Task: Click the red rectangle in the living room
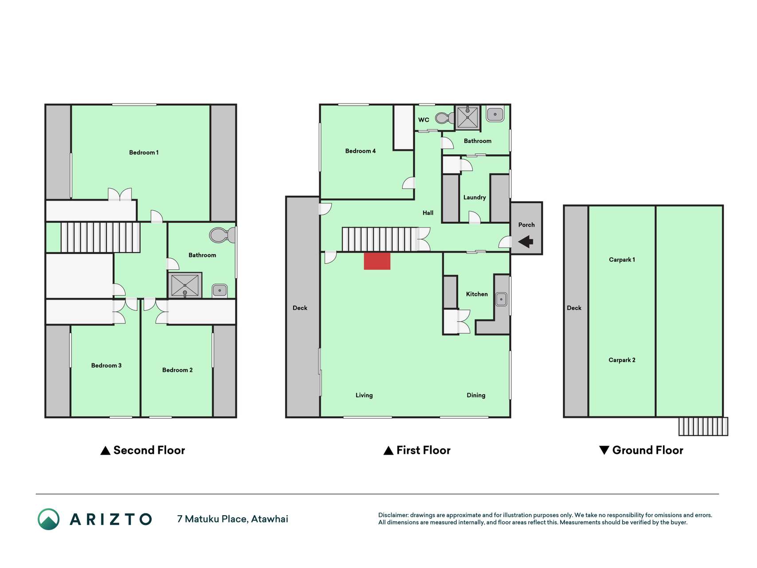pyautogui.click(x=377, y=261)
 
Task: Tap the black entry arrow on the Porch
pyautogui.click(x=526, y=242)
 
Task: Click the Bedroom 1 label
pyautogui.click(x=144, y=152)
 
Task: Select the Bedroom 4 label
pyautogui.click(x=360, y=151)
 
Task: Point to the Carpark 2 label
pyautogui.click(x=622, y=360)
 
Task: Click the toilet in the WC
pyautogui.click(x=445, y=118)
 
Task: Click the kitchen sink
pyautogui.click(x=501, y=300)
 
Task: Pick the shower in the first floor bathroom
pyautogui.click(x=467, y=117)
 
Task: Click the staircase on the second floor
pyautogui.click(x=100, y=237)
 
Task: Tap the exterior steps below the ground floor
pyautogui.click(x=703, y=426)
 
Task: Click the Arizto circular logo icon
pyautogui.click(x=48, y=519)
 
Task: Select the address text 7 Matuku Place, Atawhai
pyautogui.click(x=232, y=519)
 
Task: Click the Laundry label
pyautogui.click(x=475, y=197)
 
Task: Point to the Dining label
pyautogui.click(x=476, y=395)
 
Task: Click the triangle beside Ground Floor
pyautogui.click(x=604, y=450)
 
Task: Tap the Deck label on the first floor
pyautogui.click(x=300, y=308)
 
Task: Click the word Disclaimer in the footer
pyautogui.click(x=393, y=515)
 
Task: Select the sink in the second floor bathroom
pyautogui.click(x=220, y=291)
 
